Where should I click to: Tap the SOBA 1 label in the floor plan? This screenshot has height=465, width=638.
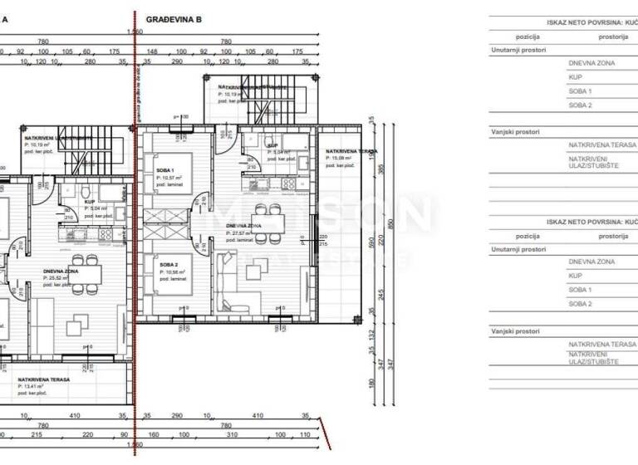coord(166,169)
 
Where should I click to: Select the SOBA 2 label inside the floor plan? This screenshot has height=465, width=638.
coord(166,265)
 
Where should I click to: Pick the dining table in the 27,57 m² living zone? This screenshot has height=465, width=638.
coord(267,223)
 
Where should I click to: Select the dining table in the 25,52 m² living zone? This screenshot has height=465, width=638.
coord(86,274)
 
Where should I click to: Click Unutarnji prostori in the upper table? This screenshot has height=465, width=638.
coord(516,50)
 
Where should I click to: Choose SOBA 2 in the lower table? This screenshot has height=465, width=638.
coord(580,304)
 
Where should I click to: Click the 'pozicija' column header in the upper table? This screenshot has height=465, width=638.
coord(528,37)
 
